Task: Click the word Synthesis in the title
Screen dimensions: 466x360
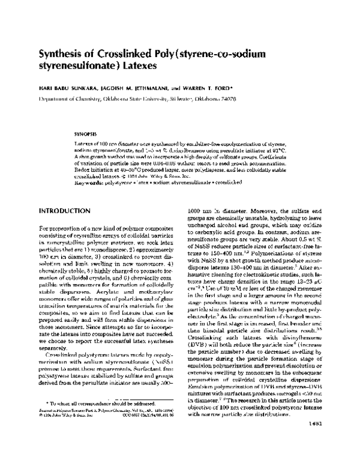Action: pos(62,53)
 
